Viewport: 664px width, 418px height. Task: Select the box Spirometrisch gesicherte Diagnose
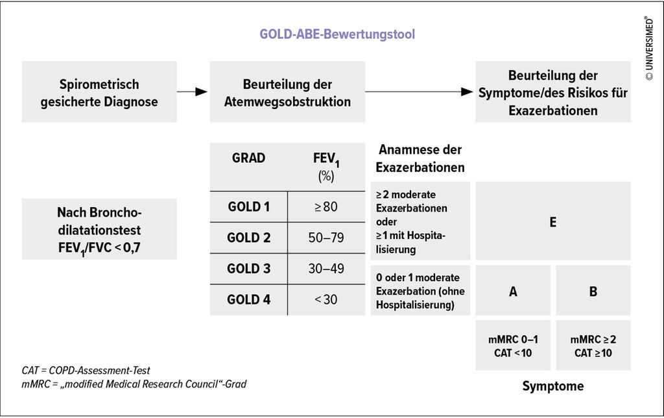pos(99,93)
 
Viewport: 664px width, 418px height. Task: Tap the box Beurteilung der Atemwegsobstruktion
pos(287,93)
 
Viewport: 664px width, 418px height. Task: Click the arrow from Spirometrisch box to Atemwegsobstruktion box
pos(193,92)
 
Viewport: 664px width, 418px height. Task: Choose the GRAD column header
pos(248,158)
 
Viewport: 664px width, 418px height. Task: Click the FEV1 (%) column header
pos(326,166)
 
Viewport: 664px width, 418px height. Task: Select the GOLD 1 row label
pos(248,208)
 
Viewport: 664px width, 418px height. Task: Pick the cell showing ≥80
pos(326,208)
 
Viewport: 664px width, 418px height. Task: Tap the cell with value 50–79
pos(326,238)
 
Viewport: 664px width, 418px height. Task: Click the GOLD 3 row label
pos(248,268)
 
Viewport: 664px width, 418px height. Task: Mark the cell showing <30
pos(326,299)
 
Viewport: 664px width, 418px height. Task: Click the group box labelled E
pos(552,222)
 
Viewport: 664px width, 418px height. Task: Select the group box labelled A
pos(513,291)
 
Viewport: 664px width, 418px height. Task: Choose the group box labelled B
pos(593,291)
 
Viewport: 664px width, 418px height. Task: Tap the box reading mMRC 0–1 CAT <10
pos(513,346)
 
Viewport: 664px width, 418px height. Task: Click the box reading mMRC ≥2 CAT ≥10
pos(593,346)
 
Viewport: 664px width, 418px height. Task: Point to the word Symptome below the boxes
pos(552,386)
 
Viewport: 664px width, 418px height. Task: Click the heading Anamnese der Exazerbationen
pos(420,158)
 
